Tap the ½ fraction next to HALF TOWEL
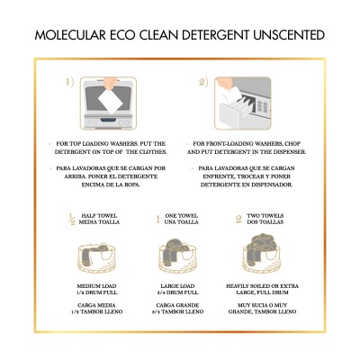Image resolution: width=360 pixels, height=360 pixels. [x=72, y=219]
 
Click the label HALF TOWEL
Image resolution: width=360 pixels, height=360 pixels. [x=100, y=216]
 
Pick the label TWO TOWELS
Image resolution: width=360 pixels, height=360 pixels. [x=264, y=216]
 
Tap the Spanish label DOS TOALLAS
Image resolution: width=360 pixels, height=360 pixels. [x=265, y=223]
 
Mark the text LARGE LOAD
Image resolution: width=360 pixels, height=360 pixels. [x=180, y=286]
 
